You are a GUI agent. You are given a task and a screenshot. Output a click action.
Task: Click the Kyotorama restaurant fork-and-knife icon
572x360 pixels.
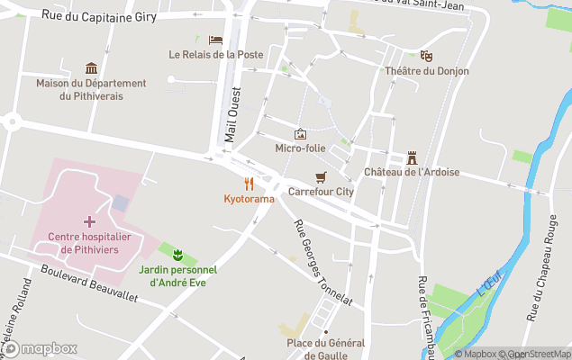[249, 184]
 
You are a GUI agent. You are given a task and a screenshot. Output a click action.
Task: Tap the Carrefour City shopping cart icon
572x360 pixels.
[320, 176]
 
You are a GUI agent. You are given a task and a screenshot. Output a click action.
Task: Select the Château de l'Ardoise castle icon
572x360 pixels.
[412, 157]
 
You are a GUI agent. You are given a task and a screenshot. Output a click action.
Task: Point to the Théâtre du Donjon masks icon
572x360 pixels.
[426, 56]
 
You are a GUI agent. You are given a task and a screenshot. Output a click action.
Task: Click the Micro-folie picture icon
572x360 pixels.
[300, 133]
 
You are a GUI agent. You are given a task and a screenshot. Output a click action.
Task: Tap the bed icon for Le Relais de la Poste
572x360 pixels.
[215, 40]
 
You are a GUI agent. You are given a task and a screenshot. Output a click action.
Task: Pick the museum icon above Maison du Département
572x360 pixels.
[91, 68]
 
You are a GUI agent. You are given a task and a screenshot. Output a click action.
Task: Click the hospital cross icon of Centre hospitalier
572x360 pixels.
[89, 221]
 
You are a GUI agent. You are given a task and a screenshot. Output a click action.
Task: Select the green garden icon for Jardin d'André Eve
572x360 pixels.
[177, 252]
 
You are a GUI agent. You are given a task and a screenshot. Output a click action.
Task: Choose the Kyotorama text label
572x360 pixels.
[249, 198]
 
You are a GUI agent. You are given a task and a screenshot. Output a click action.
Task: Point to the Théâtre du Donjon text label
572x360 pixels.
[426, 71]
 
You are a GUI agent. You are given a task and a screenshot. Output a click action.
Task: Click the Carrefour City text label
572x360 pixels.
[321, 191]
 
